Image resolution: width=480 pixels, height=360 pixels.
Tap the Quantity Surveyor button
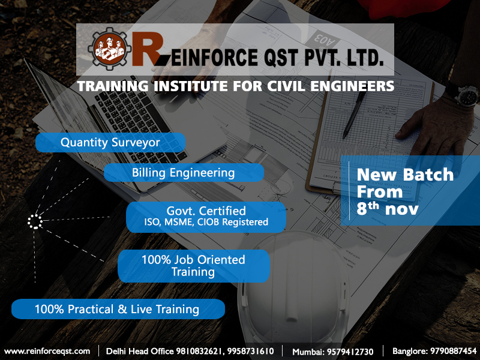(x=110, y=142)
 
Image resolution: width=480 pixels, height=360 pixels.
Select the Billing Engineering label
(x=184, y=173)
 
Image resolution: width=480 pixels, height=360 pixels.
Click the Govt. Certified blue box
(x=206, y=217)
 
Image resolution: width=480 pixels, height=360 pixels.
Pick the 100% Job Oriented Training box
(x=193, y=266)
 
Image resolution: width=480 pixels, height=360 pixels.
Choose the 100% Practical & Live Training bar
(x=118, y=310)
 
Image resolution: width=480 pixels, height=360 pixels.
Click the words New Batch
(x=405, y=175)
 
